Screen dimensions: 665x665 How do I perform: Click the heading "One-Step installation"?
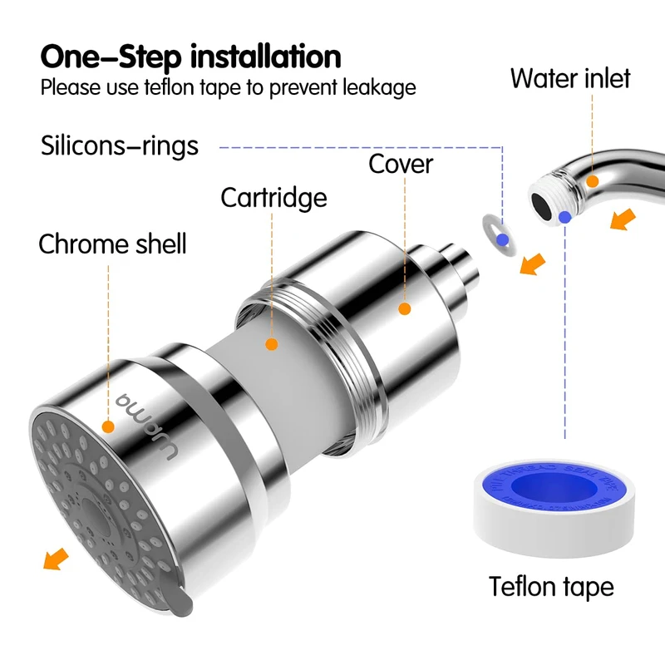190,57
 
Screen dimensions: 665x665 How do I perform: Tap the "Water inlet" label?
570,78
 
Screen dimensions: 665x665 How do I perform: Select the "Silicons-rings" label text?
120,145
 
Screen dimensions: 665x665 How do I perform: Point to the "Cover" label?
401,164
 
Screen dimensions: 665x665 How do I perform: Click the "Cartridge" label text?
273,198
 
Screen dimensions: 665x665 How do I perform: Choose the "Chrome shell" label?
112,244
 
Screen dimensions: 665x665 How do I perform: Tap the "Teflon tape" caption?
551,586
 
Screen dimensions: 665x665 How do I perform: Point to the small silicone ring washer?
498,232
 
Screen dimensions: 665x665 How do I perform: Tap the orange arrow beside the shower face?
55,558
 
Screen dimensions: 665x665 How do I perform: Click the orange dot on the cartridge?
270,342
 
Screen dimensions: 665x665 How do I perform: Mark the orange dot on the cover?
405,309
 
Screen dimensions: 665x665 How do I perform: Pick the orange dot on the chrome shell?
108,426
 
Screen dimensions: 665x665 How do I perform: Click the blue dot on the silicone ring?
501,240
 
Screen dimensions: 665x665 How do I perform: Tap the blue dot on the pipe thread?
565,218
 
